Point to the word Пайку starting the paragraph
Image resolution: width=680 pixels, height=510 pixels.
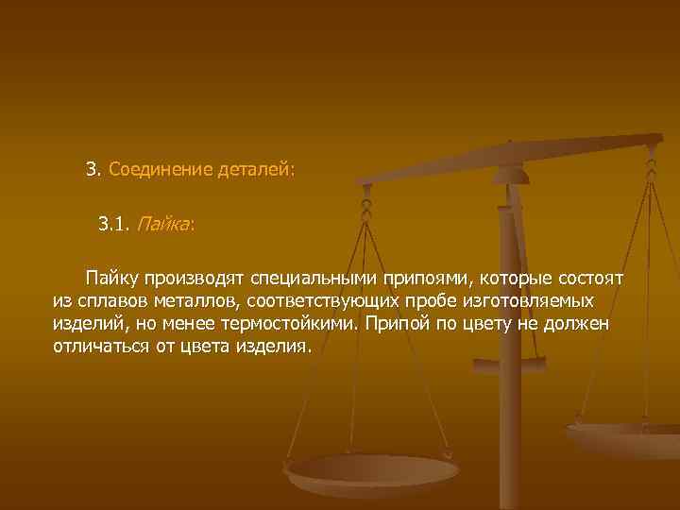(113, 279)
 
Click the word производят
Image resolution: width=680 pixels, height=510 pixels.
(195, 279)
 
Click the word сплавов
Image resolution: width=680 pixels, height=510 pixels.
(108, 301)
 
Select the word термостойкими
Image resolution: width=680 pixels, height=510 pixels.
(285, 324)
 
